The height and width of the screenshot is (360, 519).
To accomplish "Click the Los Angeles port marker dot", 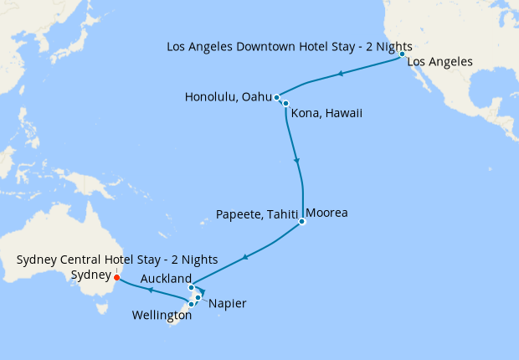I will (403, 54).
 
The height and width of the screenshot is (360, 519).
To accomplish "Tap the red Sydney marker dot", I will (116, 277).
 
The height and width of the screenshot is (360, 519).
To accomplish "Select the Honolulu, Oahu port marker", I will (276, 98).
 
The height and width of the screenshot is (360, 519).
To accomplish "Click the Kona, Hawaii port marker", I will (285, 104).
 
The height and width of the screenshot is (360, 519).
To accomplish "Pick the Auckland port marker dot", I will (191, 288).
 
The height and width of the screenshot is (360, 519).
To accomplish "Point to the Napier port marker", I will (198, 298).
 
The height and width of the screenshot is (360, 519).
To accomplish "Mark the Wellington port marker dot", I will (192, 304).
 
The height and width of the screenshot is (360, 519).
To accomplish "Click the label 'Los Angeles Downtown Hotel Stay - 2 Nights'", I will (289, 47).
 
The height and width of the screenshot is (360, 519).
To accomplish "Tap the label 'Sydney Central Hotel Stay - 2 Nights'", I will (117, 260).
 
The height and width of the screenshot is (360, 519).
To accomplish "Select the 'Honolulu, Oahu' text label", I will (229, 98).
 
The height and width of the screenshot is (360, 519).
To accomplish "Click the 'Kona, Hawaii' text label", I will (327, 113).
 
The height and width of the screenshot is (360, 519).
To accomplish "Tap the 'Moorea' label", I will (326, 213).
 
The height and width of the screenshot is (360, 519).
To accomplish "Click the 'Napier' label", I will (228, 303).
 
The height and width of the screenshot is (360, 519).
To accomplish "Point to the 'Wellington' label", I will (162, 316).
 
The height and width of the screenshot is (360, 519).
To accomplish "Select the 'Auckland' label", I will (165, 278).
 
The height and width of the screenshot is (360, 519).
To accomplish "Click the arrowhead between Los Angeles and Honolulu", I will (342, 75).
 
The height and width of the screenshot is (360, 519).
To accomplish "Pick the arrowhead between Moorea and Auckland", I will (244, 256).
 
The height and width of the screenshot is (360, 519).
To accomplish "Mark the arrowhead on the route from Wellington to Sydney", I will (150, 291).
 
